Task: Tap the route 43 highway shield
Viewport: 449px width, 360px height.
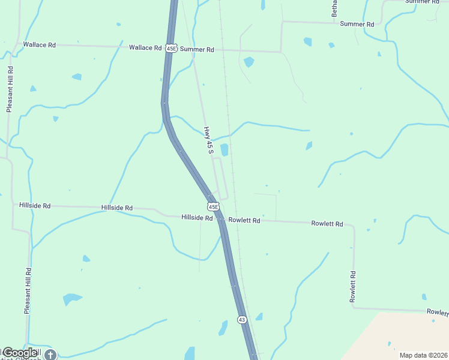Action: click(x=241, y=320)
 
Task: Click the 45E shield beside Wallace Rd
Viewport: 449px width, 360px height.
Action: click(x=171, y=48)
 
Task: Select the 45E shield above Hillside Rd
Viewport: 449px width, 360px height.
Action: click(x=213, y=206)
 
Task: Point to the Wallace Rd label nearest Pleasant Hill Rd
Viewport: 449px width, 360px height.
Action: click(x=39, y=44)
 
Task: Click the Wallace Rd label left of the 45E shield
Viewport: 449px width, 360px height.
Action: click(x=145, y=47)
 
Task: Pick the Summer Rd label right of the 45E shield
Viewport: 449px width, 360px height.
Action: click(x=197, y=49)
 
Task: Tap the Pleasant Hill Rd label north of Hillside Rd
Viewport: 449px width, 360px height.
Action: click(x=10, y=89)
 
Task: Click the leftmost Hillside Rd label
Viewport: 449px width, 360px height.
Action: click(x=35, y=205)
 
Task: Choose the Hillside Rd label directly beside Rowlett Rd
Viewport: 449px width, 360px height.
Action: click(x=197, y=218)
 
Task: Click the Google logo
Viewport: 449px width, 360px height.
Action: click(x=19, y=353)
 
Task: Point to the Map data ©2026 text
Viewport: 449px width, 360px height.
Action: click(x=423, y=355)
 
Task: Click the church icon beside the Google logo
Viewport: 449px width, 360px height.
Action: click(x=50, y=355)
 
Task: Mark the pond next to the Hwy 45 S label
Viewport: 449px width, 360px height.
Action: click(x=224, y=149)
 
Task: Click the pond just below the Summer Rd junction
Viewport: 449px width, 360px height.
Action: click(x=249, y=61)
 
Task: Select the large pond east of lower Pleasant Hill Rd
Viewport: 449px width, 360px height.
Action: click(x=71, y=298)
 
